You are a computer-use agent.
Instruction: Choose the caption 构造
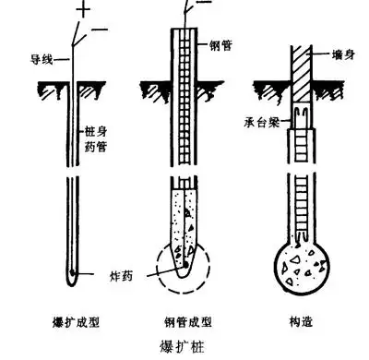[x=300, y=324]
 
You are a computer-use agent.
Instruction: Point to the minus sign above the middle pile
[x=201, y=6]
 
